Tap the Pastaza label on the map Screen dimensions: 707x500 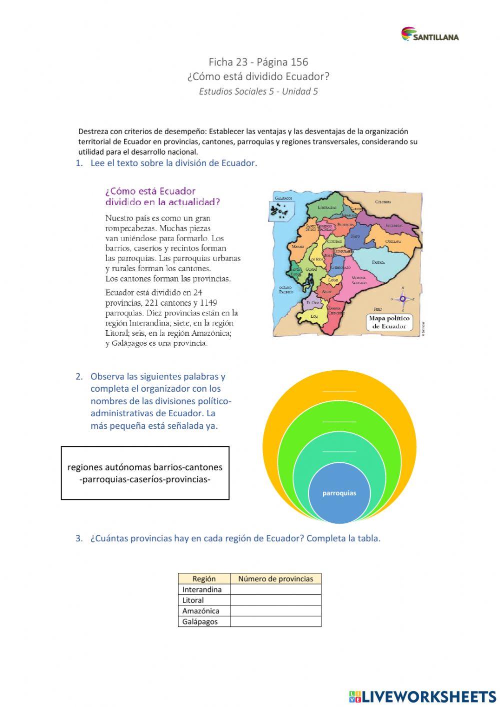378,262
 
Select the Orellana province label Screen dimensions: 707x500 393,241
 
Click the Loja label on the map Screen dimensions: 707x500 314,316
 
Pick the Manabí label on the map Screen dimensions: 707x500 298,247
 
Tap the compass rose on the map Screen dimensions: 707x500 402,299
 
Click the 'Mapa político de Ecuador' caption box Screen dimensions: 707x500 389,322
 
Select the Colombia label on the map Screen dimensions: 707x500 383,202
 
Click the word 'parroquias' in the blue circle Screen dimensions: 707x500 339,493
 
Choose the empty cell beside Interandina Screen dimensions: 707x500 275,589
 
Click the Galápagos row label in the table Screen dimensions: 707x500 200,621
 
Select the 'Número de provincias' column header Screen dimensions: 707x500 275,579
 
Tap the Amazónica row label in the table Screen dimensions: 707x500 200,611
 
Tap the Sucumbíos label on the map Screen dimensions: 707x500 394,226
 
